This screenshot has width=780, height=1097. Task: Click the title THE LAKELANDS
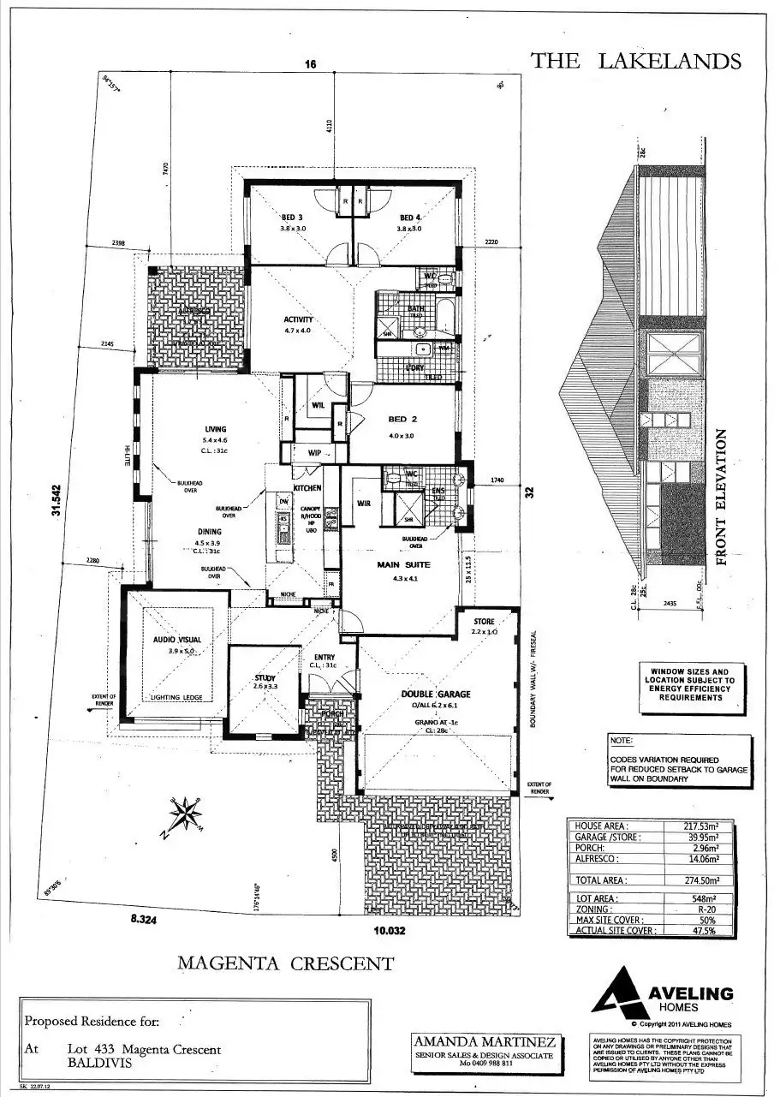coord(635,61)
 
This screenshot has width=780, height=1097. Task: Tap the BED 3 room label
coord(293,218)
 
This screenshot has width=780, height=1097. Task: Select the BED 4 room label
coord(411,218)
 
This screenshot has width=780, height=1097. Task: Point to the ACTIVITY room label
coord(299,320)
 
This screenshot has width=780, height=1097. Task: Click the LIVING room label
coord(215,430)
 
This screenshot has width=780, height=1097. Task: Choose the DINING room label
coord(208,532)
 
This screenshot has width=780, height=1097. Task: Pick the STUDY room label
coord(263,677)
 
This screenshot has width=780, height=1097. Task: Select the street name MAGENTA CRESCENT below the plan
coord(285,963)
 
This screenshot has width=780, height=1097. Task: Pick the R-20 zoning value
coord(707,909)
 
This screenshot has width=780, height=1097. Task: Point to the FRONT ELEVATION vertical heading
coord(721,497)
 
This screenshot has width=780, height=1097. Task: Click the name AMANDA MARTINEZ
coord(485,1042)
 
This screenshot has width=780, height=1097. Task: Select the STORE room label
coord(484,622)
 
